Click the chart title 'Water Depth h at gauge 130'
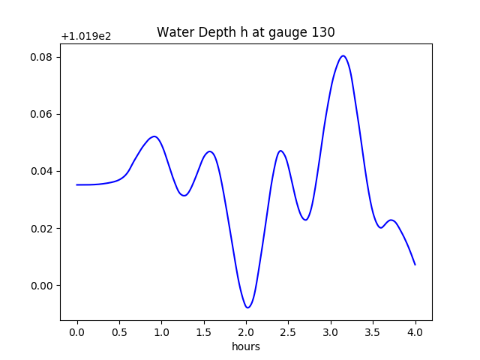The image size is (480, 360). tap(245, 32)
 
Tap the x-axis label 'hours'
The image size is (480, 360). tap(245, 346)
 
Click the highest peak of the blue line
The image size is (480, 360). tap(343, 55)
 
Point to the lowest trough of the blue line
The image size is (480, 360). tap(247, 307)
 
